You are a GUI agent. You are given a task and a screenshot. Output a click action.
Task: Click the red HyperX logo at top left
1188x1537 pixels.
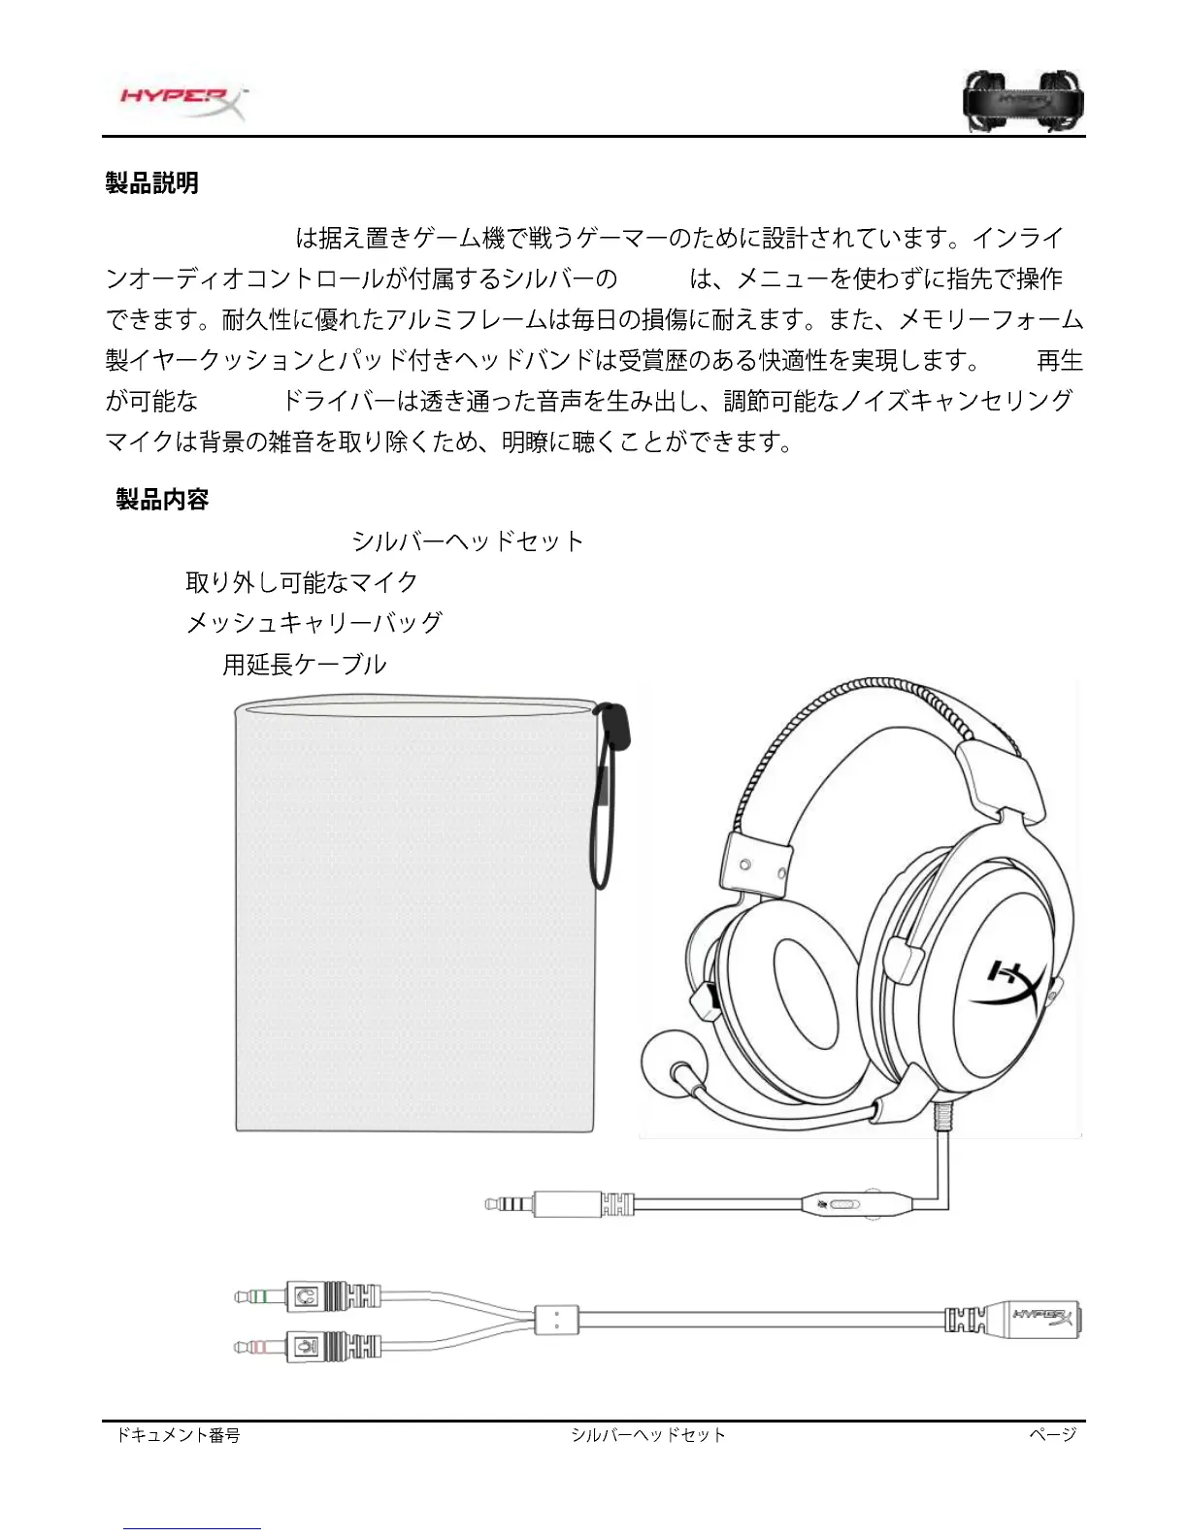tap(181, 100)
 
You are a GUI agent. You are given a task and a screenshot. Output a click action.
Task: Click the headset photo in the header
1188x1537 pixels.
tap(1023, 100)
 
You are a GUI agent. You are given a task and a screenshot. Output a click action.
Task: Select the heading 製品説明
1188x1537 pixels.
tap(152, 182)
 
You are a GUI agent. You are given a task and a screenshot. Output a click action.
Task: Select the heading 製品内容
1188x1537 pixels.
tap(163, 499)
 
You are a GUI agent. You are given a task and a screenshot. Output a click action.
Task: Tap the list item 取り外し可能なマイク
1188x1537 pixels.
tap(302, 582)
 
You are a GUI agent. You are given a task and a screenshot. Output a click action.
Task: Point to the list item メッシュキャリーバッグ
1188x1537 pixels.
tap(314, 623)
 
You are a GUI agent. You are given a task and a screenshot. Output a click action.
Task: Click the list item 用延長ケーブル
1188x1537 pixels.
tap(305, 665)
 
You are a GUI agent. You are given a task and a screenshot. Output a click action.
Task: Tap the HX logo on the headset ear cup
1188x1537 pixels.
tap(1017, 987)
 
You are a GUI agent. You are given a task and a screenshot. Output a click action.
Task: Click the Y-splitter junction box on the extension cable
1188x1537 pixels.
tap(556, 1319)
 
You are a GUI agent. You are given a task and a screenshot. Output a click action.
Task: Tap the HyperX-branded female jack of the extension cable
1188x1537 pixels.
tap(1039, 1319)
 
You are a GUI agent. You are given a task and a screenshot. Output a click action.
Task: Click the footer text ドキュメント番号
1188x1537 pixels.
tap(178, 1434)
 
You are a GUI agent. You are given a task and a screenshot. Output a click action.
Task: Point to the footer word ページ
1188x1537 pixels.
tap(1053, 1434)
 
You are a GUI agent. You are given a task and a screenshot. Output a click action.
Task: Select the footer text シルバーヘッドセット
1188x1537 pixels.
tap(648, 1434)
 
